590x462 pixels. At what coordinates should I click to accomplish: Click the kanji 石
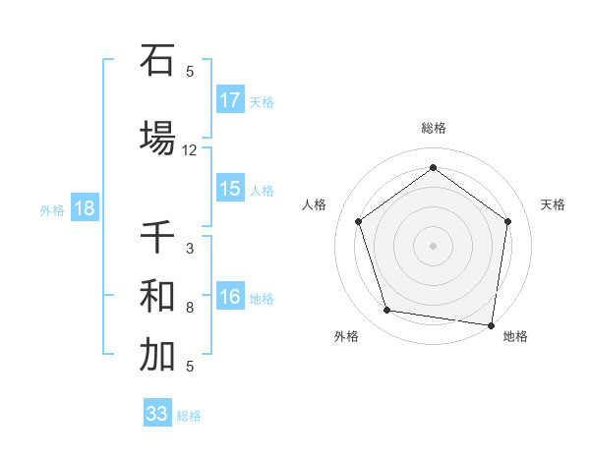point(156,61)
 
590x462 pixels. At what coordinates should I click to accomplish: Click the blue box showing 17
point(230,100)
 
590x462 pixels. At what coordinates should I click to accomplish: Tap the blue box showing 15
point(230,189)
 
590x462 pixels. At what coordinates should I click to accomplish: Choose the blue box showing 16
point(230,298)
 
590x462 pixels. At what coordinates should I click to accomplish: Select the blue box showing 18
point(84,208)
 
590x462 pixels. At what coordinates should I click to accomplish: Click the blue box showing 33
point(157,414)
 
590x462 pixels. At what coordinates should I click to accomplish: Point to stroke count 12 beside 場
point(190,150)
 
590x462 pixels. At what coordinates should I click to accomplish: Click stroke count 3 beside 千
point(190,249)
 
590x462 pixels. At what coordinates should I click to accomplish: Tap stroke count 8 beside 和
point(190,308)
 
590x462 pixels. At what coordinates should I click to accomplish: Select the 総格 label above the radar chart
point(434,128)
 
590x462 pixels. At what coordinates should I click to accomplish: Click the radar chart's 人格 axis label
point(315,204)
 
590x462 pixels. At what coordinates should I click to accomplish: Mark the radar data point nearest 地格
point(492,324)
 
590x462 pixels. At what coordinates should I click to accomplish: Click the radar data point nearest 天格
point(508,221)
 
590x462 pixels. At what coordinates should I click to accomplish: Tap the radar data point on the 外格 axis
point(387,311)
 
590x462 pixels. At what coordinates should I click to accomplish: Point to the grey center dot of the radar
point(434,245)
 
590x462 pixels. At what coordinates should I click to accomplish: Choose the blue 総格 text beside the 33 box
point(189,416)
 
